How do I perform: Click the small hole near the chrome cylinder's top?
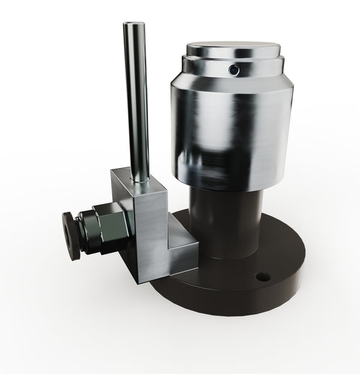pyautogui.click(x=234, y=70)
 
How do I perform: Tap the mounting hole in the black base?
pyautogui.click(x=263, y=277)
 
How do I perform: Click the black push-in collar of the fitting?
pyautogui.click(x=71, y=236)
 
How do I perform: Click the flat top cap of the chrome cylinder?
pyautogui.click(x=233, y=48)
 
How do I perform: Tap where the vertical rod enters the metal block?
pyautogui.click(x=140, y=178)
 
